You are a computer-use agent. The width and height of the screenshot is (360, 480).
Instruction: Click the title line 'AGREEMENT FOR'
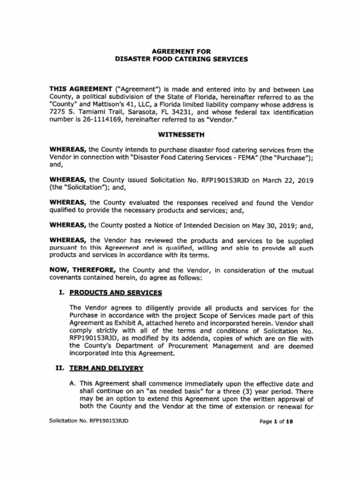pos(181,51)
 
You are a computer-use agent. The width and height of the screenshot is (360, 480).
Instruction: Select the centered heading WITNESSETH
pos(181,135)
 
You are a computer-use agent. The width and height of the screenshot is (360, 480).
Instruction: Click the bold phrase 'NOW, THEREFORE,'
pos(83,270)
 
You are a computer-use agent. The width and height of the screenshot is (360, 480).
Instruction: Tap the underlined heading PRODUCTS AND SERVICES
pos(116,292)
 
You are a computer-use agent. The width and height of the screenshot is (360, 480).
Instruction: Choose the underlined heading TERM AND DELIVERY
pos(106,368)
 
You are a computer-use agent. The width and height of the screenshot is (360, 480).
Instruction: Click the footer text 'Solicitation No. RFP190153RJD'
pos(89,420)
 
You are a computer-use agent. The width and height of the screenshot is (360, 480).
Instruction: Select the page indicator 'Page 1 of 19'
pos(276,421)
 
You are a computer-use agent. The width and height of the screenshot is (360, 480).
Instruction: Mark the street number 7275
pos(58,112)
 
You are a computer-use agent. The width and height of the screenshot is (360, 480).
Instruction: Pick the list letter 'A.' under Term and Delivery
pos(73,383)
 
